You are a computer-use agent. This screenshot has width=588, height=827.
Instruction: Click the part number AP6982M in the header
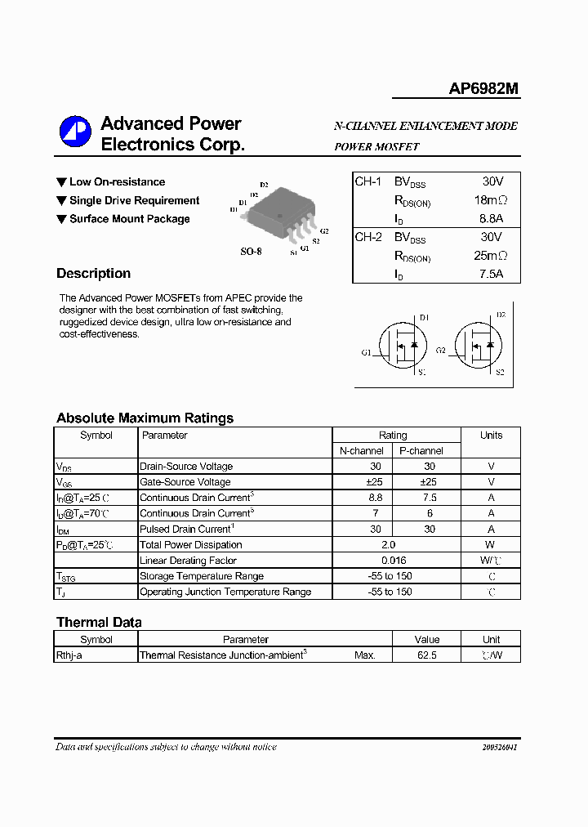(483, 89)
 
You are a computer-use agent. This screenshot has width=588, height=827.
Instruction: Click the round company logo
(74, 133)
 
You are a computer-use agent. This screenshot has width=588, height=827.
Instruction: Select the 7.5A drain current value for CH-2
(491, 274)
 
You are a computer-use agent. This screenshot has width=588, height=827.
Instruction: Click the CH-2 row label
(368, 237)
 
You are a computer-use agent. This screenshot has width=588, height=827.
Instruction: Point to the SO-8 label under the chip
(251, 252)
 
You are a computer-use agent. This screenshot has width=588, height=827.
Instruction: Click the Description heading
(93, 274)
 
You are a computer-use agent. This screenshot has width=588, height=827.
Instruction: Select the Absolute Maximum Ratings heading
(145, 418)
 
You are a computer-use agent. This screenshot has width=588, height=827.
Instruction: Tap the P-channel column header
(421, 451)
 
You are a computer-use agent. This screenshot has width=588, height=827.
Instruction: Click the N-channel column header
(362, 451)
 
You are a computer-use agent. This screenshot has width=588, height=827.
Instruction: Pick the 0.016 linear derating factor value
(393, 561)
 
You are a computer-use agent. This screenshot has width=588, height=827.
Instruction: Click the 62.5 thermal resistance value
(426, 655)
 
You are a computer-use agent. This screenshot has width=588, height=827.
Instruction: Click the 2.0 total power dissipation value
(389, 545)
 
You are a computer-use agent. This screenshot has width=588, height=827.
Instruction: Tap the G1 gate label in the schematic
(365, 352)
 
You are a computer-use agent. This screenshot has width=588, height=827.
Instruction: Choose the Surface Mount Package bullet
(129, 219)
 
